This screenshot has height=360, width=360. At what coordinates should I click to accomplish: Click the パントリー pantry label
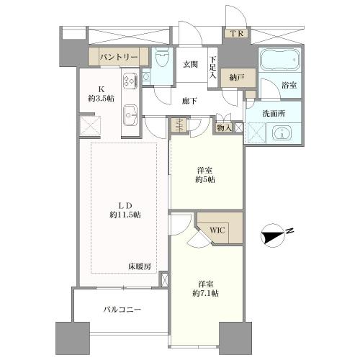[119, 57]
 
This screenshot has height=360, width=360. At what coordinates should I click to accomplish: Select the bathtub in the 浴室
[280, 59]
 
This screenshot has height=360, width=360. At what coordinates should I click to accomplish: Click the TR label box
[237, 33]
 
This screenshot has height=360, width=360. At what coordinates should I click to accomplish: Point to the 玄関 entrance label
[190, 64]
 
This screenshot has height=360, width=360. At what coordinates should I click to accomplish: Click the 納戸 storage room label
[237, 78]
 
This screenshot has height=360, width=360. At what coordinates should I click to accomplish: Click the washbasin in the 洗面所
[283, 132]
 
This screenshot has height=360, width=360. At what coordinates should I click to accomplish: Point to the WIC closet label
[217, 230]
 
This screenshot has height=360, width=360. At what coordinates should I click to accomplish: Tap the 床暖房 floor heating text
[140, 266]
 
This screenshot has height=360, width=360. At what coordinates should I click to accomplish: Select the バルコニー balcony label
[122, 309]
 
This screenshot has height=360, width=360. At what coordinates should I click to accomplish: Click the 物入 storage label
[224, 128]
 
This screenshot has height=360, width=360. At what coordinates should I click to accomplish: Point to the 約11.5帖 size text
[125, 215]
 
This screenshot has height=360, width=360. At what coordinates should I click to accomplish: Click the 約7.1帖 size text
[206, 293]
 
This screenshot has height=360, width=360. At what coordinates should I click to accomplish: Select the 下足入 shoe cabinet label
[212, 68]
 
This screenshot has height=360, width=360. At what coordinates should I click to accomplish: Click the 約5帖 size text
[205, 179]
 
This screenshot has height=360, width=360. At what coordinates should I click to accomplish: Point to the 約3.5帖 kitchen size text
[101, 98]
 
